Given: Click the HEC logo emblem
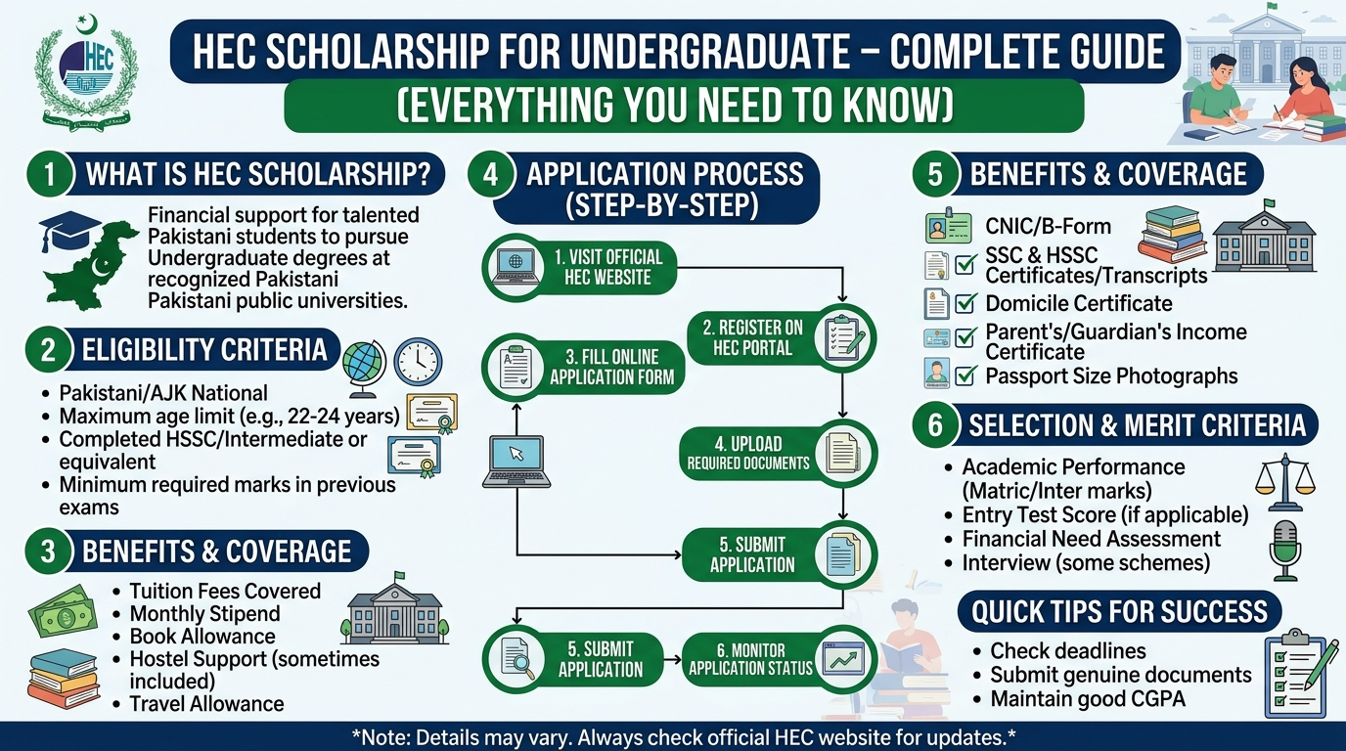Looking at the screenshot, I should pos(86,73).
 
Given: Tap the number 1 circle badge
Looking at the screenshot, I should pos(48,175).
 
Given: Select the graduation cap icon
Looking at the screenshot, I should pos(69,231).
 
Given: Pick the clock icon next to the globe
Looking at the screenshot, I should pos(418,362).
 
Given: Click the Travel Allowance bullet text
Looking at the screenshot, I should pos(206,704).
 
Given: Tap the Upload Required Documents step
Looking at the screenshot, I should pos(777,453).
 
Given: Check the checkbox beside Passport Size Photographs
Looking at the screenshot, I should pos(965,375).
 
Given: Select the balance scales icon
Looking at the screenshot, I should pos(1284,481).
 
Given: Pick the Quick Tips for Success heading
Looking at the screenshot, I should pos(1119,613).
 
